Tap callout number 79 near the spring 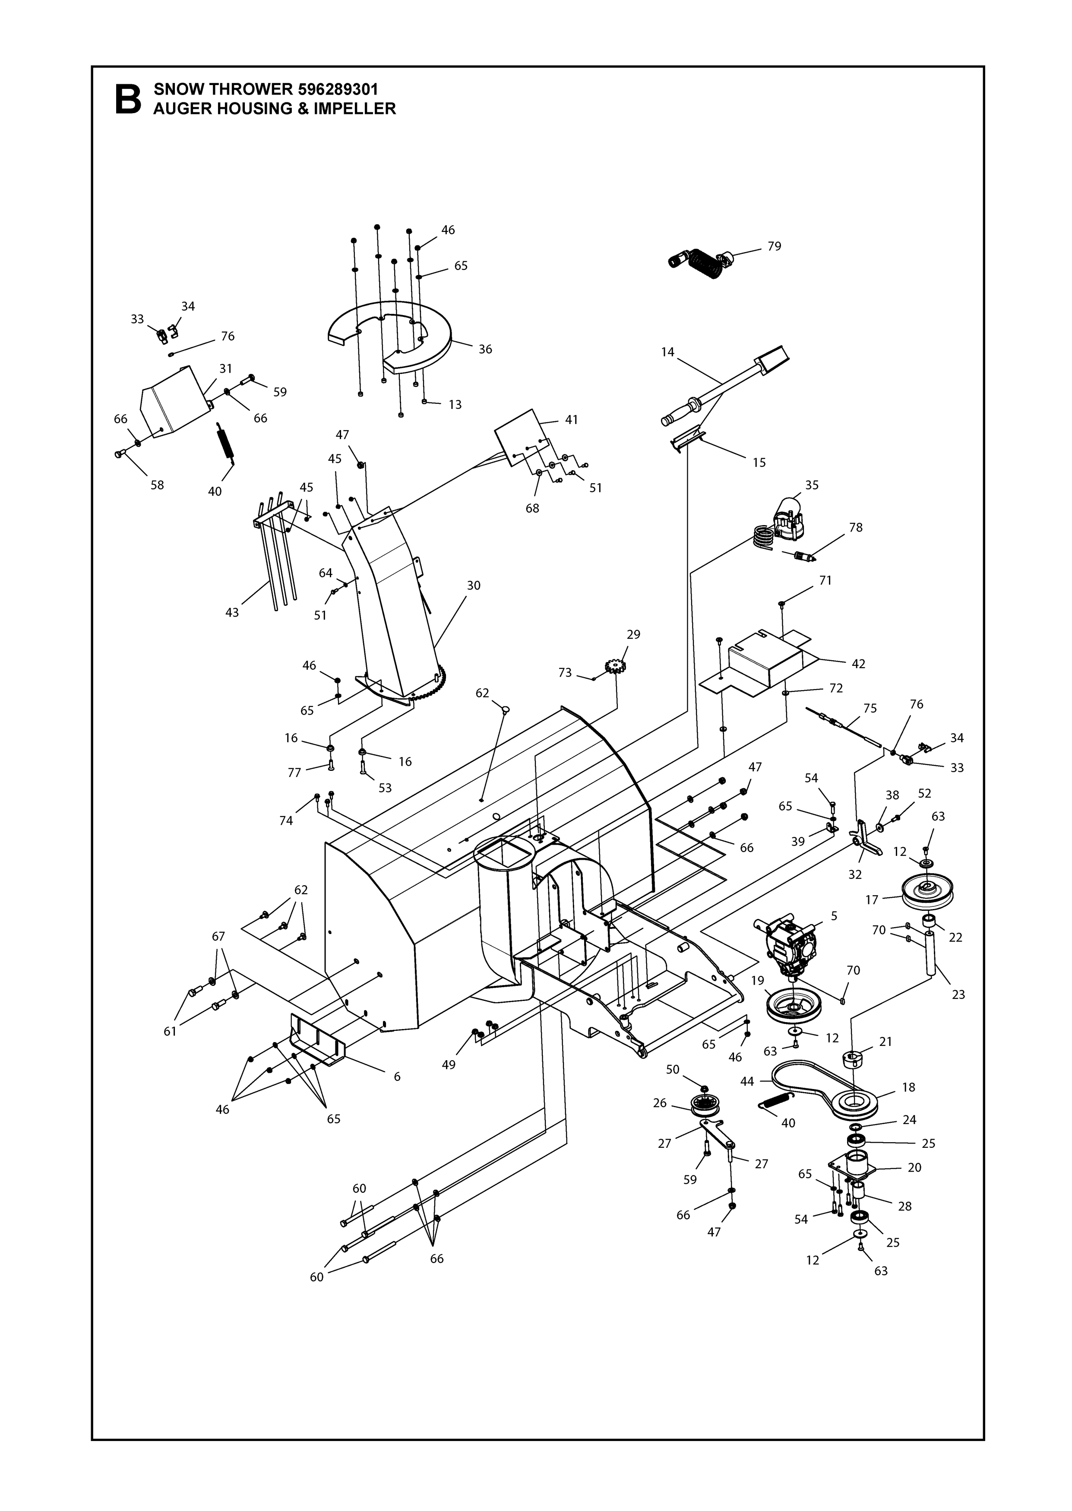pos(774,246)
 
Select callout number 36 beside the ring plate pos(485,349)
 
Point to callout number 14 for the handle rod pos(668,352)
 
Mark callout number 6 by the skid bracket pos(397,1077)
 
